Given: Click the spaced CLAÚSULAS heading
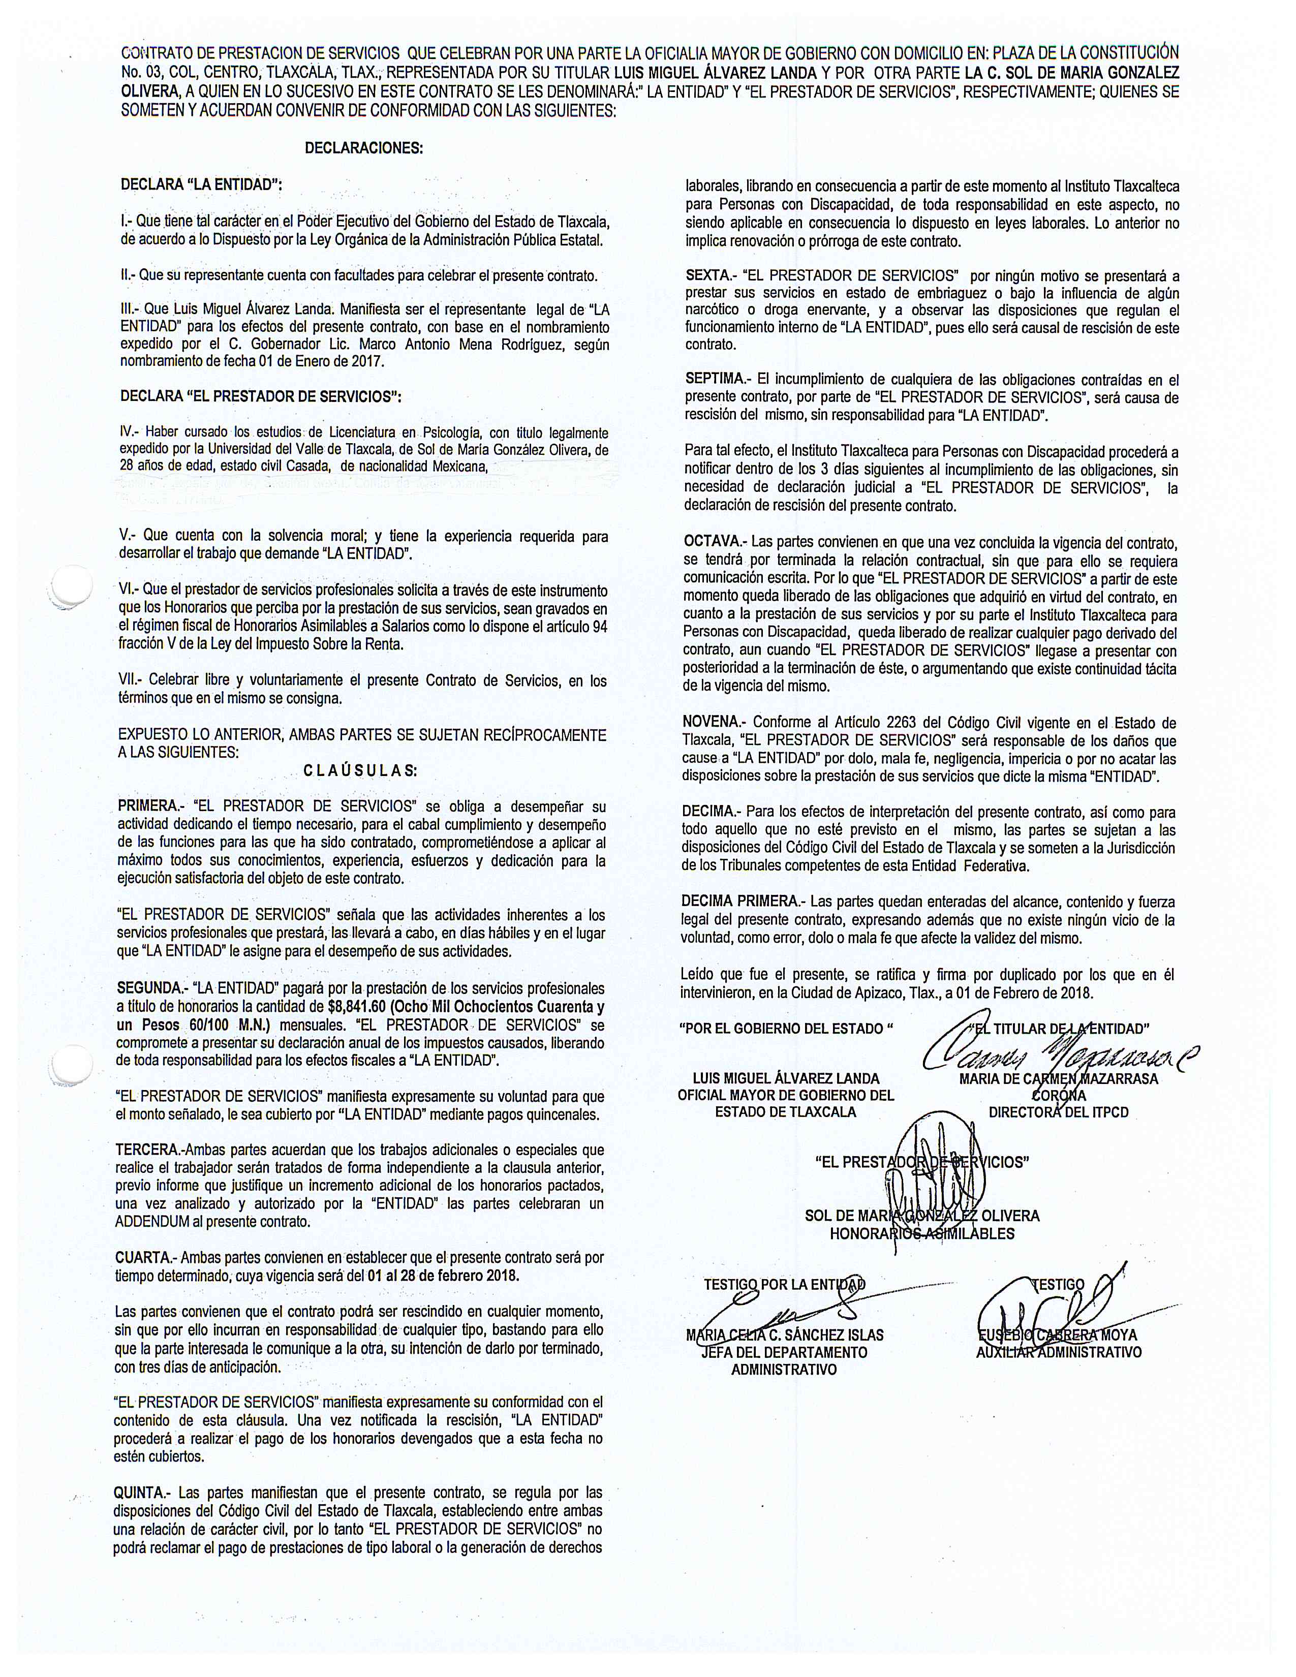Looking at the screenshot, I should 360,770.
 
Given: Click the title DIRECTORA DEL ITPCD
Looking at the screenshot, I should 1058,1112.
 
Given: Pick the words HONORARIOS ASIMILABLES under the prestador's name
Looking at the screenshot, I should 921,1234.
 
